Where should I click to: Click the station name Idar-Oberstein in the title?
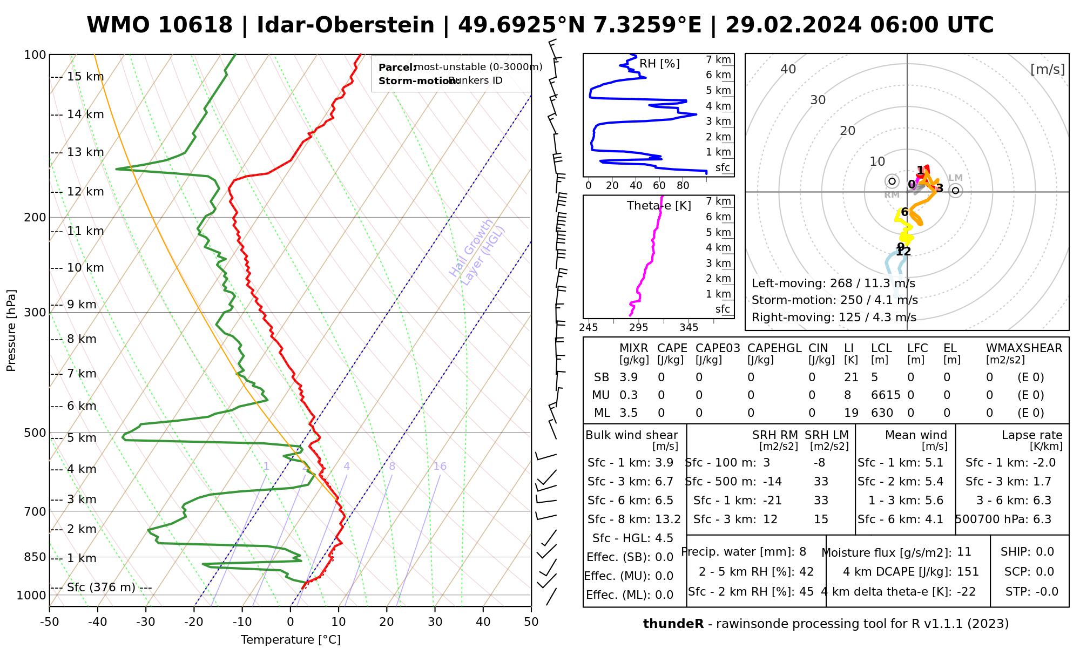click(x=345, y=25)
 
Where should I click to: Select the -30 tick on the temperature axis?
click(x=146, y=622)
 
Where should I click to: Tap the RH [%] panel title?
click(x=659, y=64)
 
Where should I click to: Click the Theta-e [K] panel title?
click(x=659, y=206)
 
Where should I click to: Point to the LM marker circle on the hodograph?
click(x=955, y=191)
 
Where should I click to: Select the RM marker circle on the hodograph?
click(x=892, y=181)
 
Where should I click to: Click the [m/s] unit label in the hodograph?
click(x=1047, y=70)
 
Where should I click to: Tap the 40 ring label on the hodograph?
click(x=788, y=69)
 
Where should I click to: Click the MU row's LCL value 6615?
click(x=886, y=395)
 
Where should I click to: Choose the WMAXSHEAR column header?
click(x=1024, y=348)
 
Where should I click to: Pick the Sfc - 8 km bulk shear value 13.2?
click(x=667, y=519)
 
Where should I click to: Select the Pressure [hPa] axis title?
click(x=11, y=330)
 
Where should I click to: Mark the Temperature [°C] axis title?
click(x=291, y=640)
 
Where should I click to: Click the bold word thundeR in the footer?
click(x=673, y=624)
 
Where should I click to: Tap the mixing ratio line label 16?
click(x=440, y=467)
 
